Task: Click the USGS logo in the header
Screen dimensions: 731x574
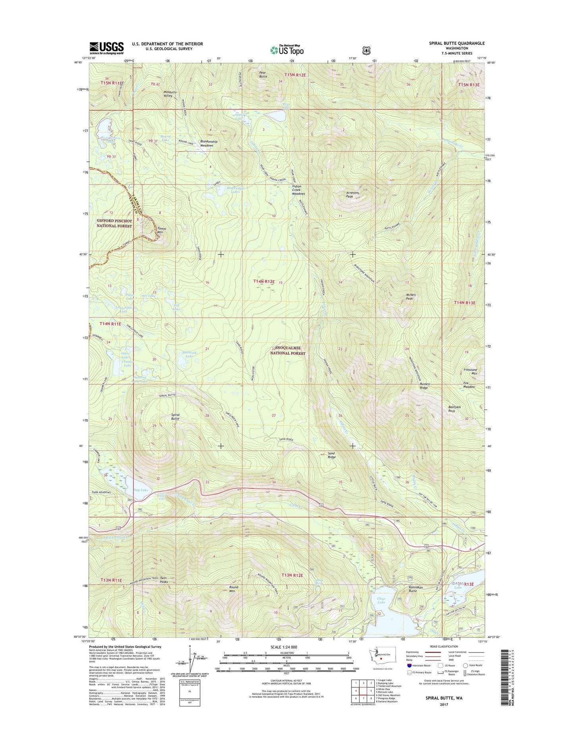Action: (x=106, y=48)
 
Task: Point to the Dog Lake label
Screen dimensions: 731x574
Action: (x=141, y=490)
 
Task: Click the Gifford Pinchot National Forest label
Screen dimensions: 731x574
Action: (x=114, y=223)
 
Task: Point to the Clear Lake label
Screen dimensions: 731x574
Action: (x=381, y=600)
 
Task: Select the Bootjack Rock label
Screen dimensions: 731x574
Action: (x=454, y=409)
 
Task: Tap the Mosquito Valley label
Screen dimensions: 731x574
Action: (x=170, y=94)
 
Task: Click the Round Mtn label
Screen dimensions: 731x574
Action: (x=234, y=589)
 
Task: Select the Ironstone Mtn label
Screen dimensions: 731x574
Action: (x=470, y=371)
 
